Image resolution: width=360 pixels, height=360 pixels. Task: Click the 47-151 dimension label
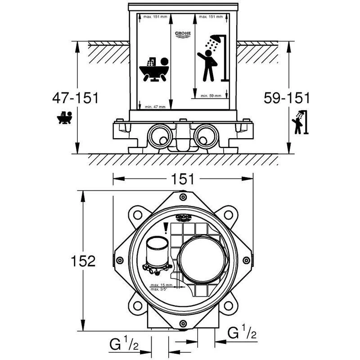75,98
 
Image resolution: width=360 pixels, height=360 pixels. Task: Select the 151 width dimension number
183,179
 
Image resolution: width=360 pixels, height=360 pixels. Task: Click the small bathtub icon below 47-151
64,118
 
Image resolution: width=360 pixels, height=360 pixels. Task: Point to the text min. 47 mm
155,107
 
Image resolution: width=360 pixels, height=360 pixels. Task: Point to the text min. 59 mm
211,95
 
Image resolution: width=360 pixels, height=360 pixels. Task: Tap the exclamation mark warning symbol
166,229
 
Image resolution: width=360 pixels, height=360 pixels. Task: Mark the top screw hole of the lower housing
182,197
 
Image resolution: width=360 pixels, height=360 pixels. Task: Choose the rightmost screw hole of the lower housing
246,261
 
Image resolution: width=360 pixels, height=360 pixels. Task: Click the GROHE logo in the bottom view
184,218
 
